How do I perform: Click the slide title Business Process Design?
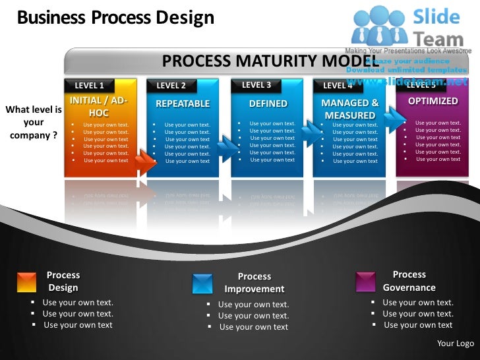coord(115,17)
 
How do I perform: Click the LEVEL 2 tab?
coord(171,86)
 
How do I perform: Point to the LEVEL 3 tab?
coord(256,85)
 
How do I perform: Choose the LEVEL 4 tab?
coord(338,86)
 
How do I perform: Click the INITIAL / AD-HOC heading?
coord(98,107)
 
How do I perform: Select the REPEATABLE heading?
coord(182,104)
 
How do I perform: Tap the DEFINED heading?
coord(268,104)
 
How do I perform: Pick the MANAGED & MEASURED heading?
coord(349,109)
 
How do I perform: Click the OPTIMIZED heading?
coord(433,101)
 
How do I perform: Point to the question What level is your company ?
coord(33,123)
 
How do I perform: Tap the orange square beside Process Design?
coord(26,282)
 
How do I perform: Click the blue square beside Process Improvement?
coord(202,284)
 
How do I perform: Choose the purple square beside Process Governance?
coord(365,282)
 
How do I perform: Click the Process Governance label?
coord(409,281)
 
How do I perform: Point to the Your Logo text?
coord(455,344)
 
